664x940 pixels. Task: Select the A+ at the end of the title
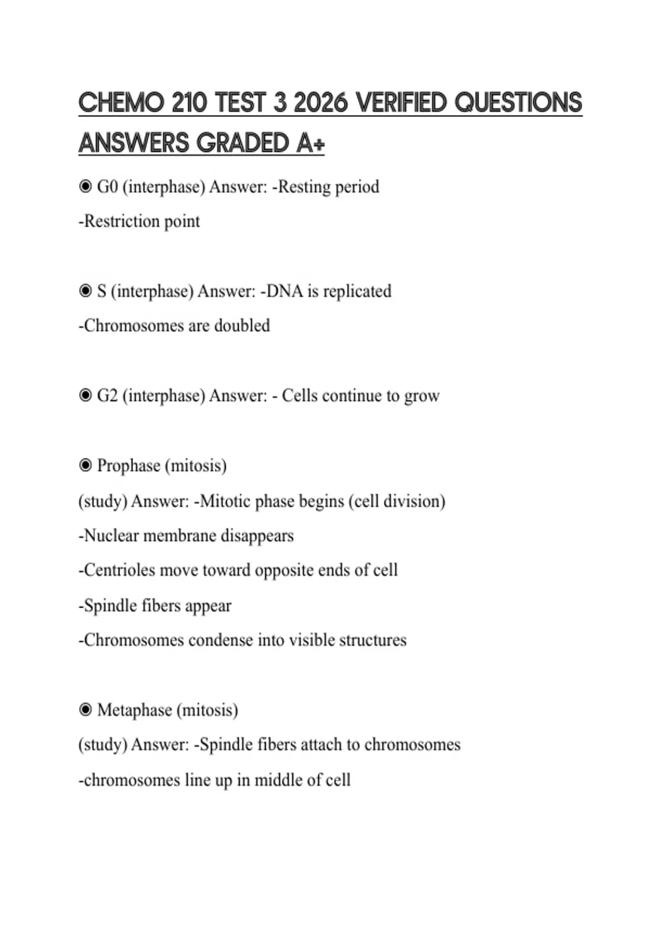coord(310,143)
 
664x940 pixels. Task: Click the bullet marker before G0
coord(85,187)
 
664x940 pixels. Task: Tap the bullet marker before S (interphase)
coord(85,291)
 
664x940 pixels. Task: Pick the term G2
coord(107,396)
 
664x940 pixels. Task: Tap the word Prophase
coord(129,466)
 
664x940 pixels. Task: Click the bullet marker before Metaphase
coord(85,709)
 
